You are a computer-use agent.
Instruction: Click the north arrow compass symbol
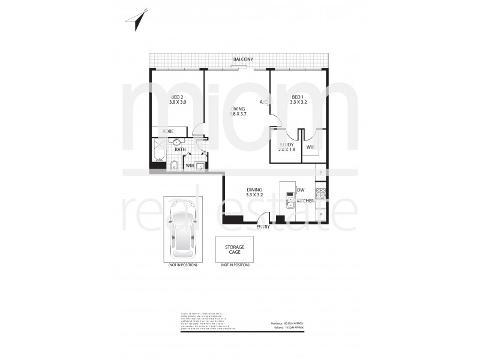tap(136, 17)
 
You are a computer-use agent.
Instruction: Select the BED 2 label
tap(177, 97)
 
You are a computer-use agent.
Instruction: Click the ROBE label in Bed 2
tap(168, 131)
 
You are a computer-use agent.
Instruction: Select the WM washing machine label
tap(190, 164)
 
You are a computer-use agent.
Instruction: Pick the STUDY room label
tap(286, 145)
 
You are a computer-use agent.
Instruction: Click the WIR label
tap(310, 147)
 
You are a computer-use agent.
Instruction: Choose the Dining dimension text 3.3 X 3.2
tap(255, 195)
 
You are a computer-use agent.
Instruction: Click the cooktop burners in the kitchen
tap(321, 194)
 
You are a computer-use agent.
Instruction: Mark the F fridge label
tap(321, 214)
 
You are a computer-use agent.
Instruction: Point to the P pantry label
tap(321, 173)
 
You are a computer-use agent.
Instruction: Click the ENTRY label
tap(263, 227)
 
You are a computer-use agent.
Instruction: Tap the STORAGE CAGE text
tap(235, 249)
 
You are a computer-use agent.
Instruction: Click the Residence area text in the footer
tap(287, 323)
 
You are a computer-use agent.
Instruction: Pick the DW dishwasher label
tap(299, 190)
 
